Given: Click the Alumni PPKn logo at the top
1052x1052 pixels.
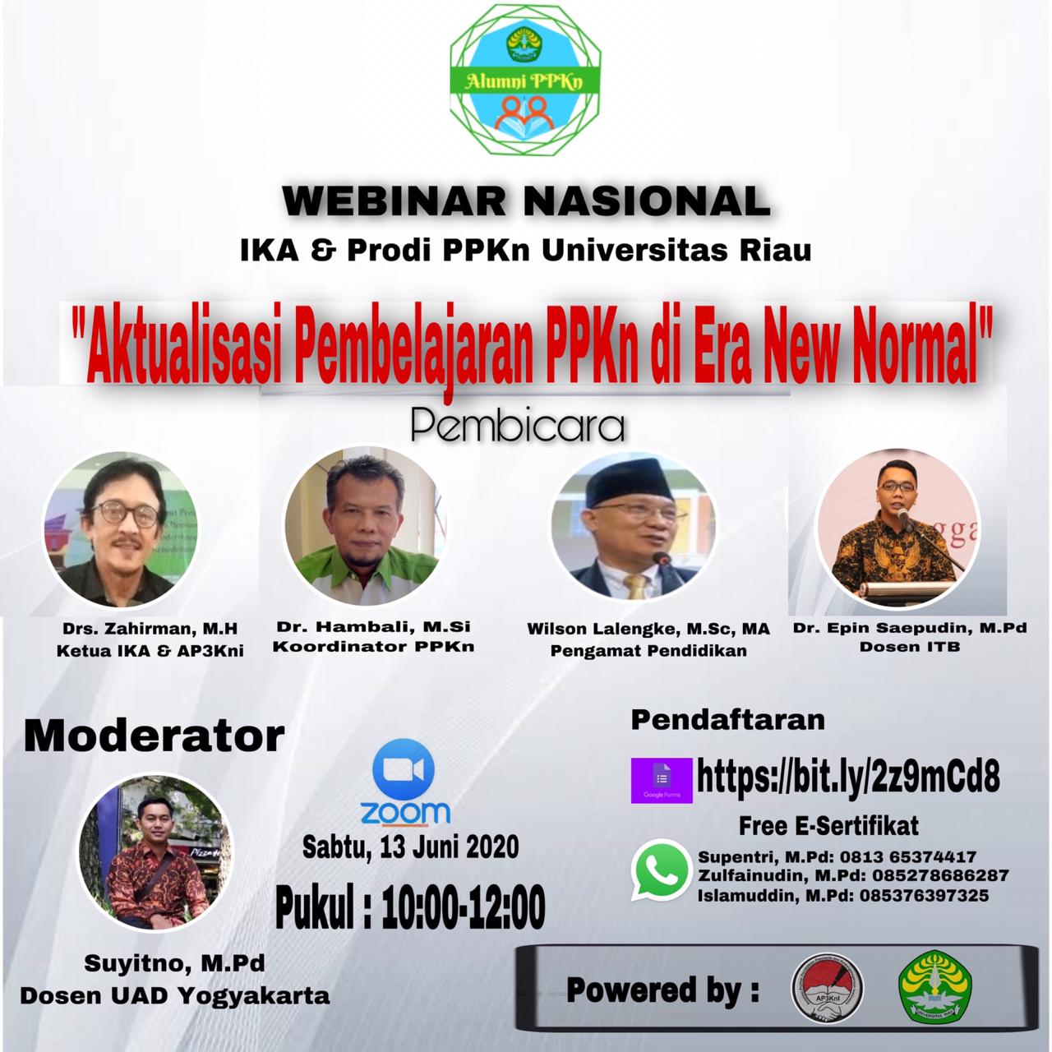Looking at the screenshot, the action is tap(526, 81).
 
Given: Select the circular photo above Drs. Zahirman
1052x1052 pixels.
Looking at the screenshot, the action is tap(120, 529).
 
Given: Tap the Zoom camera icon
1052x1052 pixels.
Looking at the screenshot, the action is tap(403, 771).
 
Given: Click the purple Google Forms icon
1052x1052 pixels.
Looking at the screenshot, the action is tap(662, 780).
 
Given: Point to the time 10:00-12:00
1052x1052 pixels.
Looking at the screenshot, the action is tap(463, 907).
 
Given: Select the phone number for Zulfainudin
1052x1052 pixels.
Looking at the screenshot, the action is tap(940, 875).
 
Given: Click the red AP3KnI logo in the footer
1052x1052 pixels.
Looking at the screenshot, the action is tap(827, 988).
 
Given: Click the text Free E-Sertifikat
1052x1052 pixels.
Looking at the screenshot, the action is tap(828, 826).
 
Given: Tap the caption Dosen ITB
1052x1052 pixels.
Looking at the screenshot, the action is tap(910, 647).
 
